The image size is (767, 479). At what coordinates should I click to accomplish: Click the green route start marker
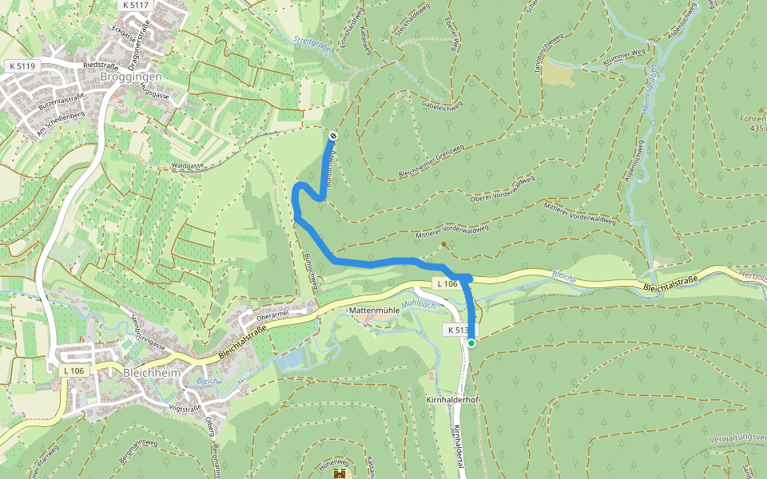471,343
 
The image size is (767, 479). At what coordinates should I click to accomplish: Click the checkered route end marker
333,136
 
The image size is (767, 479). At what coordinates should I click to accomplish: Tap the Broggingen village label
132,77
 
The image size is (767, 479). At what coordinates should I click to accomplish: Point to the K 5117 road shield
136,5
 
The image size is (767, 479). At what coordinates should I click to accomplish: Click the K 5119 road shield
21,65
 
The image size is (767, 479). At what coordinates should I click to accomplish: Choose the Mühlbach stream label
418,304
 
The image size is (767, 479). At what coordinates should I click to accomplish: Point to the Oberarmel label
272,313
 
